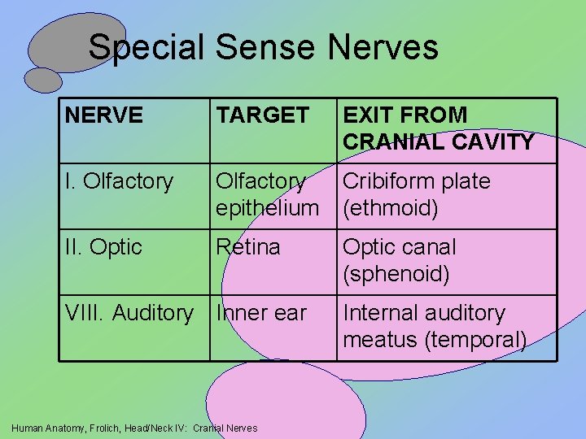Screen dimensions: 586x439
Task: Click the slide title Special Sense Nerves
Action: (263, 47)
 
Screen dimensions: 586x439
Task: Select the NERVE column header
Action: (103, 115)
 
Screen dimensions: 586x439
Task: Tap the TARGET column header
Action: (263, 115)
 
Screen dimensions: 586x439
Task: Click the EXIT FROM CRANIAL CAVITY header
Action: (439, 128)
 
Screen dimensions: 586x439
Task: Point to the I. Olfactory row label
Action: (120, 181)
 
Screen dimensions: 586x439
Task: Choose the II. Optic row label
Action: (103, 247)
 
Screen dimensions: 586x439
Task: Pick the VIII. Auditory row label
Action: (129, 313)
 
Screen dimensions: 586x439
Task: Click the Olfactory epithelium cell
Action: (266, 194)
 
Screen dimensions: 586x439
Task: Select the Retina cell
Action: (247, 247)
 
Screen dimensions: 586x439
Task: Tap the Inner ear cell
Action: (260, 313)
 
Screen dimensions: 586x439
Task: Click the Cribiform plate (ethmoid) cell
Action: (417, 194)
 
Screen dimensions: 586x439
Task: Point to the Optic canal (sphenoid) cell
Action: (400, 260)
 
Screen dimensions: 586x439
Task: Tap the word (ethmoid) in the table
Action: (391, 209)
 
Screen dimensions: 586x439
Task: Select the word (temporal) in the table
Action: (476, 340)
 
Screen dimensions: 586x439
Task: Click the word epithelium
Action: (267, 209)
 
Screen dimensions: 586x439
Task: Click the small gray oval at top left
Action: (43, 80)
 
